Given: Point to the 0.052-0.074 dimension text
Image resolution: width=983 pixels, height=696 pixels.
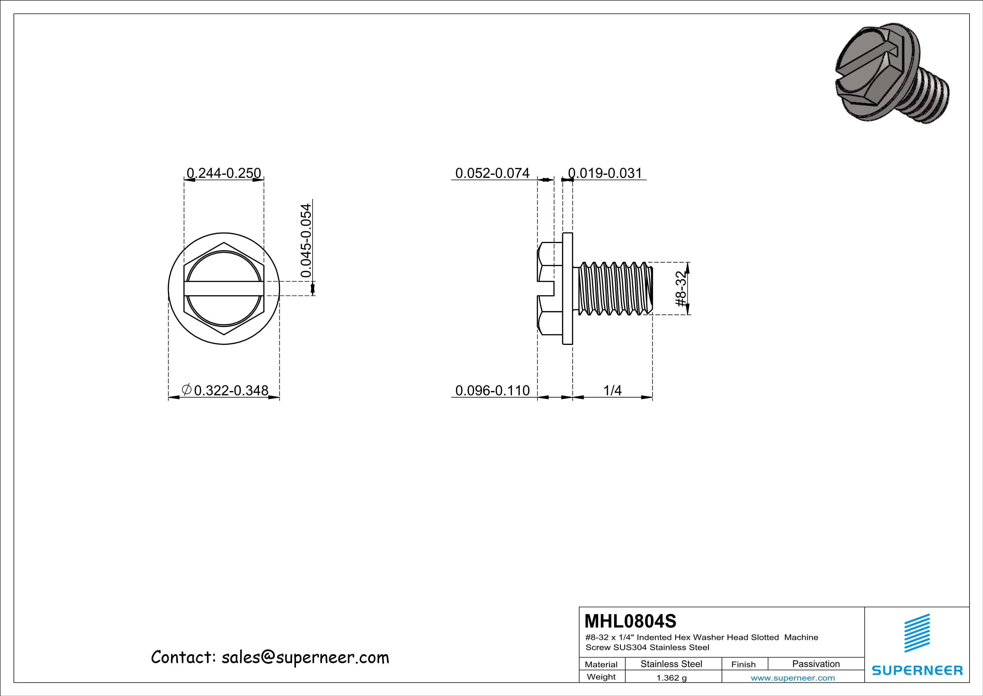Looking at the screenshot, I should click(x=492, y=173).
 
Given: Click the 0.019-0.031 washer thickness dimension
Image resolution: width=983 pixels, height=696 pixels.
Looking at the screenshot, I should click(x=605, y=173).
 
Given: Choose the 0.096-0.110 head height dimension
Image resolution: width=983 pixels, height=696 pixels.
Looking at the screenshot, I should click(x=492, y=390).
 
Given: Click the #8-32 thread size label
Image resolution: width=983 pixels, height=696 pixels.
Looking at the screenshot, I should click(x=681, y=289).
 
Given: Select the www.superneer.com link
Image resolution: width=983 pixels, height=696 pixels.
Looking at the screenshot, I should click(x=792, y=678).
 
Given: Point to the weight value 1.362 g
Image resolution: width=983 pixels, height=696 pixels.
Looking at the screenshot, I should click(x=671, y=678).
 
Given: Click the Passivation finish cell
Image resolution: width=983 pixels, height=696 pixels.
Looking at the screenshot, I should click(x=816, y=664).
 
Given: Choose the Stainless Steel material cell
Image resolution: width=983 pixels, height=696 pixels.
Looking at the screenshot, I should click(x=671, y=664).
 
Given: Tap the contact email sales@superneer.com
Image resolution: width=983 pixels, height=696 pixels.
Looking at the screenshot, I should click(x=305, y=657).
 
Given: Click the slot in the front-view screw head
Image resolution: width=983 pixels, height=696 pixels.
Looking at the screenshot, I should click(x=223, y=289).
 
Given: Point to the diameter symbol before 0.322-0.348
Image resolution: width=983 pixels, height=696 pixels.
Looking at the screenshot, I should click(x=186, y=390).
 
